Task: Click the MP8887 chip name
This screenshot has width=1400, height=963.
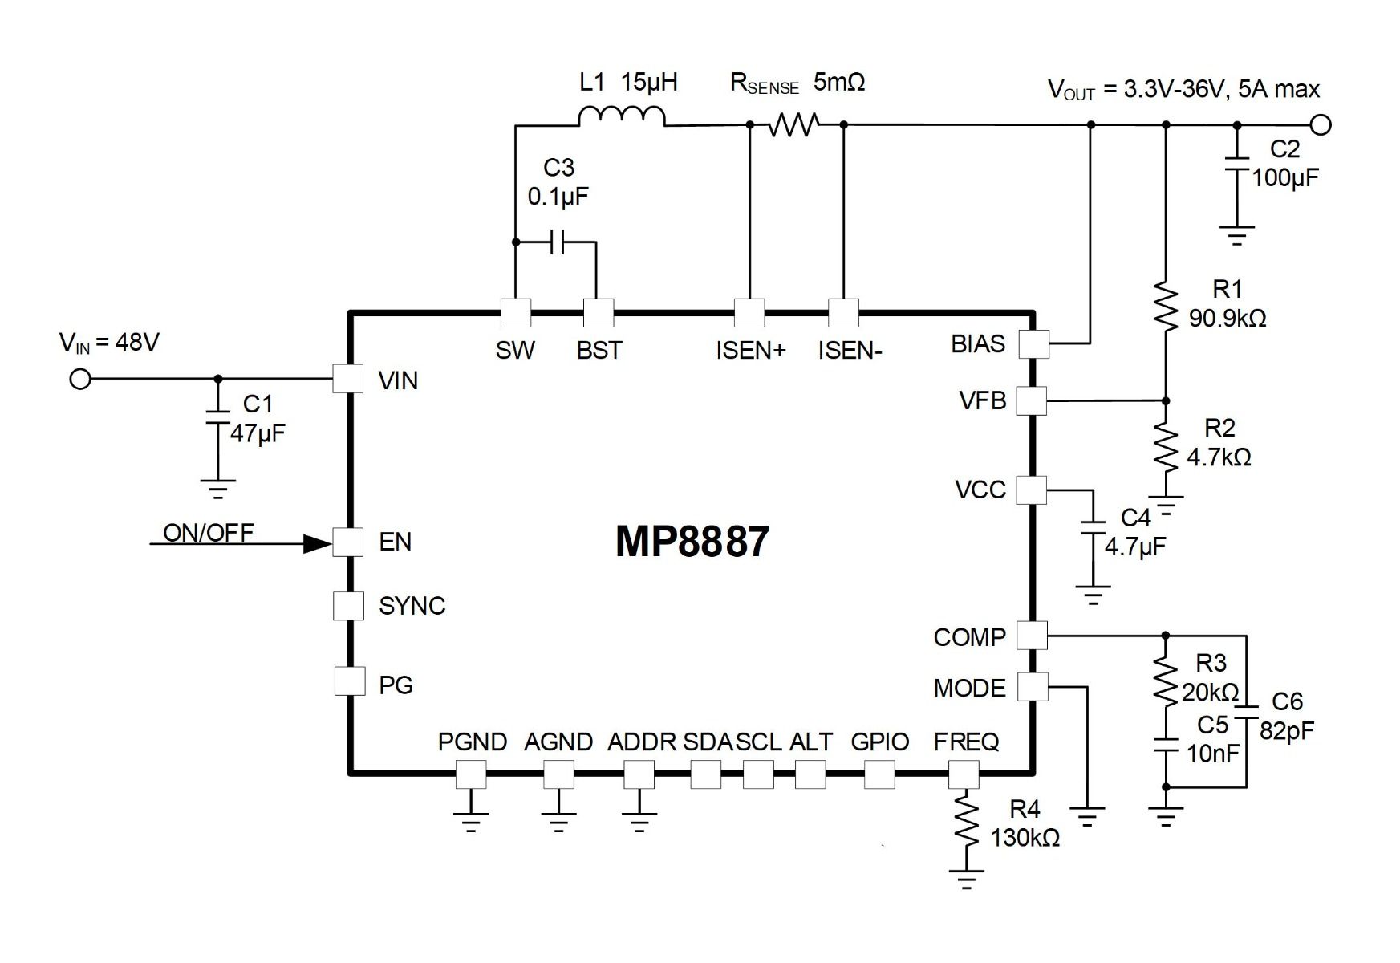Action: [692, 542]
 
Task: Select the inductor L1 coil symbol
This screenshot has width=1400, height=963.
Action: [621, 117]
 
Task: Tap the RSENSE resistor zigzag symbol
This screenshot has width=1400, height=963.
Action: [793, 124]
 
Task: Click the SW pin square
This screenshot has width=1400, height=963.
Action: [516, 313]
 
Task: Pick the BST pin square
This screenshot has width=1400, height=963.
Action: [599, 313]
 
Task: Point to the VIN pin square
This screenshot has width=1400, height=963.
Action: [348, 378]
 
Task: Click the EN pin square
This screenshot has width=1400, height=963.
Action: [348, 542]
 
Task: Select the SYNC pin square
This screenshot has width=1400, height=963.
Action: [348, 605]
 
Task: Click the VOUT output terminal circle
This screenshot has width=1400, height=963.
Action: [1321, 125]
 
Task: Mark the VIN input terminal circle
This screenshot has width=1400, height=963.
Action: [80, 379]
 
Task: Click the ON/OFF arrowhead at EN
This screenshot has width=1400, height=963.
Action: [317, 544]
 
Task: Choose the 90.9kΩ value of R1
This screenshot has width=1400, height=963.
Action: [1228, 319]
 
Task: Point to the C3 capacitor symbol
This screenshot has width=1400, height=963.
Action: [558, 242]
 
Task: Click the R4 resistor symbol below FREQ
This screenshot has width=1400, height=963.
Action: [966, 823]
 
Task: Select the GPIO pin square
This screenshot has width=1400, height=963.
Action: [879, 774]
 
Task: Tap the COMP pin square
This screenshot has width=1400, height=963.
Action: [1032, 636]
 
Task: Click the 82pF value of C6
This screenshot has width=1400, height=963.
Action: [1287, 731]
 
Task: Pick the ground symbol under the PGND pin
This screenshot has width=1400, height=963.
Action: [471, 821]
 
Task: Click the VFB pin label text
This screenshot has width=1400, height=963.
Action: [982, 400]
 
